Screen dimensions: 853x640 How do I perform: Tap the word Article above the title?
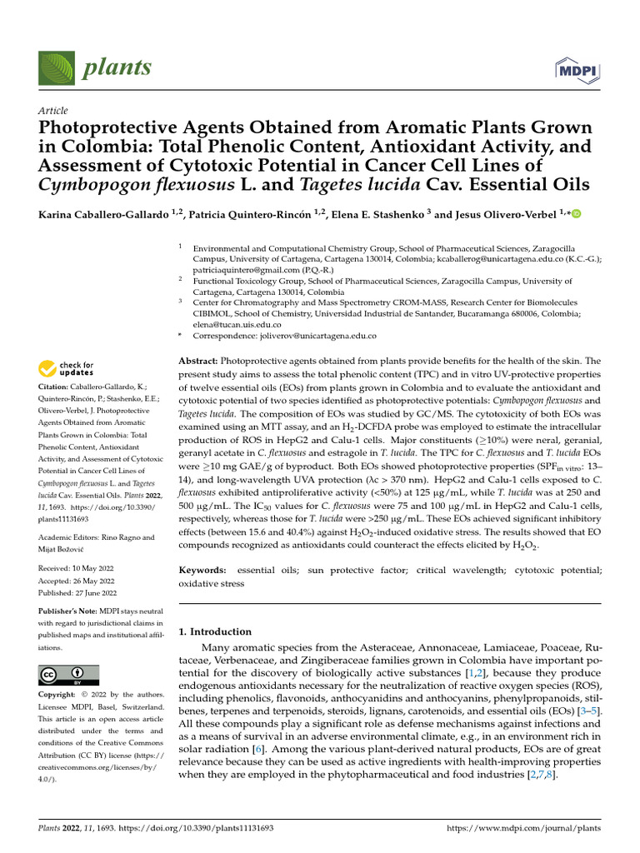(x=53, y=111)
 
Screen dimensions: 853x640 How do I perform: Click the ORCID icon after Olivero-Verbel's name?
(x=576, y=215)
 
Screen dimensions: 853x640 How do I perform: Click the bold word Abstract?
(x=198, y=361)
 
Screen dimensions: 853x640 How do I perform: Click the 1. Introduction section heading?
(x=216, y=631)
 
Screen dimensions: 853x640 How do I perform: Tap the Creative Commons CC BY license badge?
(x=69, y=675)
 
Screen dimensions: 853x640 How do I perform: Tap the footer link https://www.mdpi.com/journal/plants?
(x=524, y=829)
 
